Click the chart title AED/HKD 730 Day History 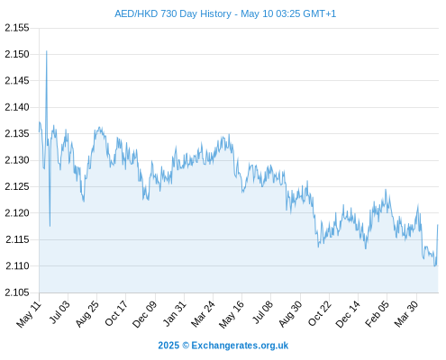pos(173,13)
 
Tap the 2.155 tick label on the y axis pos(17,28)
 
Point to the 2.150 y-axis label pos(17,54)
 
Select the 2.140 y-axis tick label pos(17,107)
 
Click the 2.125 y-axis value pos(17,186)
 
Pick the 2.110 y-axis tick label pos(17,265)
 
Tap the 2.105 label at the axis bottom pos(17,292)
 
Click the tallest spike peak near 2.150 pos(47,51)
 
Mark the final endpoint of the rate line pos(438,224)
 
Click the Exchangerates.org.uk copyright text pos(240,346)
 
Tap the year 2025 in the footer pos(168,346)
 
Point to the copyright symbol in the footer pos(186,346)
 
